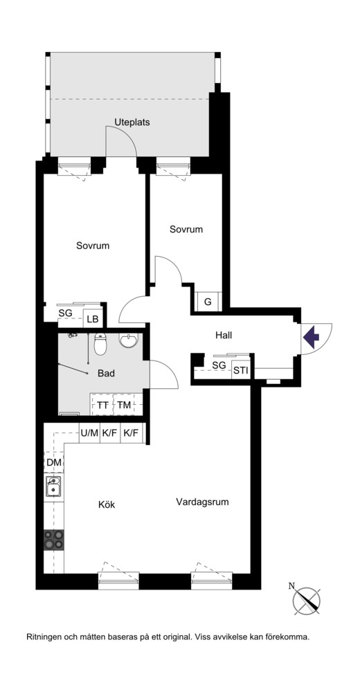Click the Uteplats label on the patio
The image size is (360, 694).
pos(132,122)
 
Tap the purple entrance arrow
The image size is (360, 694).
pos(311,337)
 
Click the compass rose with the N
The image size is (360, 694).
pos(306,600)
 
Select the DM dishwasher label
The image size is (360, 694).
pos(53,463)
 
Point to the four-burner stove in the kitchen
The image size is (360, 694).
pos(53,540)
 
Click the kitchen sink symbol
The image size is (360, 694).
pos(53,487)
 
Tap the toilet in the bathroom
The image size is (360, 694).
pos(101,345)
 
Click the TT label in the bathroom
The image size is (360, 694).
pos(102,405)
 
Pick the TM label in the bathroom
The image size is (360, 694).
pos(124,405)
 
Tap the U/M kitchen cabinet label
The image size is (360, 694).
pos(89,433)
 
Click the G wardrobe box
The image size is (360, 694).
pos(207,303)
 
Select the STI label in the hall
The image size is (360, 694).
pos(241,370)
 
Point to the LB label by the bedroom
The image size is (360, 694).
pos(93,319)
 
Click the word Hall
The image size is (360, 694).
pos(224,336)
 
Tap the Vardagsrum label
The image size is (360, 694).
pos(202,502)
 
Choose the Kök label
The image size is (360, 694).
pos(107,504)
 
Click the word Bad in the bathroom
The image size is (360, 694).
pos(107,374)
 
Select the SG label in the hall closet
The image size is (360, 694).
pos(219,365)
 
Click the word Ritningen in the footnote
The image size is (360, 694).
pos(45,638)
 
